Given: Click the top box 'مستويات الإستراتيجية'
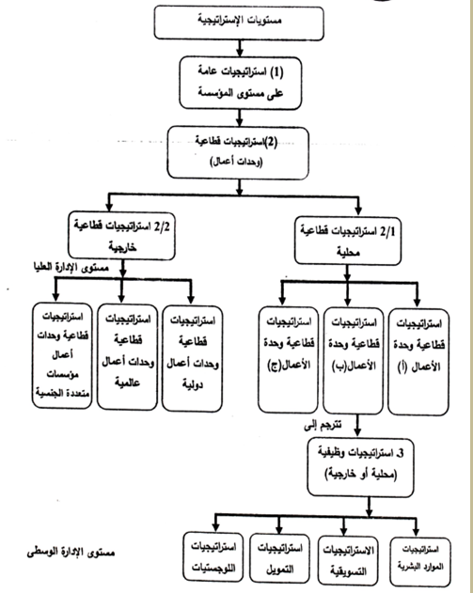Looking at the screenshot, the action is tap(239, 23).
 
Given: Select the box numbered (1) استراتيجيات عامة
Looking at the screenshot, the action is tap(241, 84).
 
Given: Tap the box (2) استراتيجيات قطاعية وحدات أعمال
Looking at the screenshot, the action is tap(238, 153).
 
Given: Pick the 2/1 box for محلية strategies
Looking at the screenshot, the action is tap(348, 241).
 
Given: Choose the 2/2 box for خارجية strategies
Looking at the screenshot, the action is tap(121, 236).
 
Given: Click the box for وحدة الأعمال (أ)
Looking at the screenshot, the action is tap(418, 362).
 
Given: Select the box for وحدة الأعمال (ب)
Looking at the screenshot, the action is tap(354, 361).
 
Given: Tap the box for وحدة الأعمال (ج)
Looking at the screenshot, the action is tap(289, 359).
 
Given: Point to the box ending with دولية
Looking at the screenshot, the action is tap(192, 358).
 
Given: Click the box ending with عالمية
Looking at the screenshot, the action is tap(127, 357).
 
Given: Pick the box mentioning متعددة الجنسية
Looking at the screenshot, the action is tap(62, 355).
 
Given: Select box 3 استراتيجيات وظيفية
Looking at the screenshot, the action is tap(360, 467).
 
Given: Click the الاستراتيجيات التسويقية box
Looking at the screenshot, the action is tap(348, 560).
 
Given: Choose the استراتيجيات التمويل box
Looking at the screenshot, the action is tap(280, 558).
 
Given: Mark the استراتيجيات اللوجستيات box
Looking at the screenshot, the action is tap(213, 556).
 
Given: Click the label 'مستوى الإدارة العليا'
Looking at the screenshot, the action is tap(71, 268).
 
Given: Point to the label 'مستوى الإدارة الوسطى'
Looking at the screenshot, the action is tap(71, 553).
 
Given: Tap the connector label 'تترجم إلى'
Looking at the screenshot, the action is tap(323, 426).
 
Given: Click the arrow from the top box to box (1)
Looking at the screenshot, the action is tap(239, 49).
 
